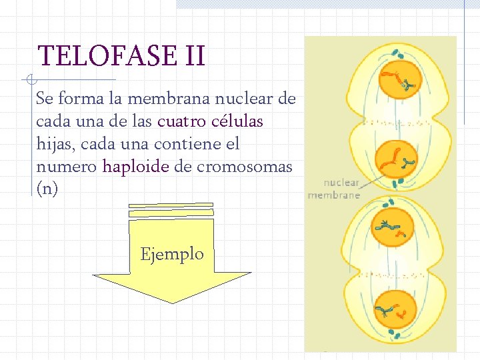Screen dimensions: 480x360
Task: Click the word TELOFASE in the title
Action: click(x=105, y=57)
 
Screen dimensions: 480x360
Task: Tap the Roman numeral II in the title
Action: click(x=192, y=57)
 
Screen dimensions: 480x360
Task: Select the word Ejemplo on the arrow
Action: click(x=172, y=254)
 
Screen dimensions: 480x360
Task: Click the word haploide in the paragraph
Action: click(x=135, y=167)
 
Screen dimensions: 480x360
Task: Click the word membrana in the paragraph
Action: click(x=171, y=99)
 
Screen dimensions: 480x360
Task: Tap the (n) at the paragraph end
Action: click(x=47, y=189)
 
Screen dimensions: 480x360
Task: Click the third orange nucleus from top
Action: click(x=391, y=230)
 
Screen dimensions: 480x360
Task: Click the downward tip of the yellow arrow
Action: click(x=173, y=302)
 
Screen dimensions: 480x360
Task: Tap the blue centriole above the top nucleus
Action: click(x=397, y=53)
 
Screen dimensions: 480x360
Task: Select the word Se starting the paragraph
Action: click(x=44, y=99)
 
